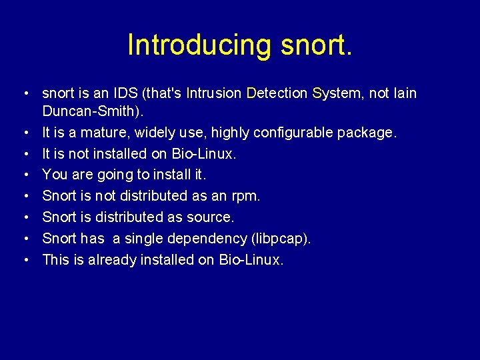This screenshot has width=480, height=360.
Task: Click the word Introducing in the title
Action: (x=199, y=45)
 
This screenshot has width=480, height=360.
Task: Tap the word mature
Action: (x=105, y=133)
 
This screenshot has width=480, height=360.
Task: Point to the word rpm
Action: (x=245, y=196)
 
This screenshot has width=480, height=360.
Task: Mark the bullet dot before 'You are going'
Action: (x=23, y=175)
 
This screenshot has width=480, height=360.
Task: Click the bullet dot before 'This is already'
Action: (x=23, y=260)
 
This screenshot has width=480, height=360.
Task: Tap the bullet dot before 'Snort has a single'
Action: (x=23, y=239)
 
